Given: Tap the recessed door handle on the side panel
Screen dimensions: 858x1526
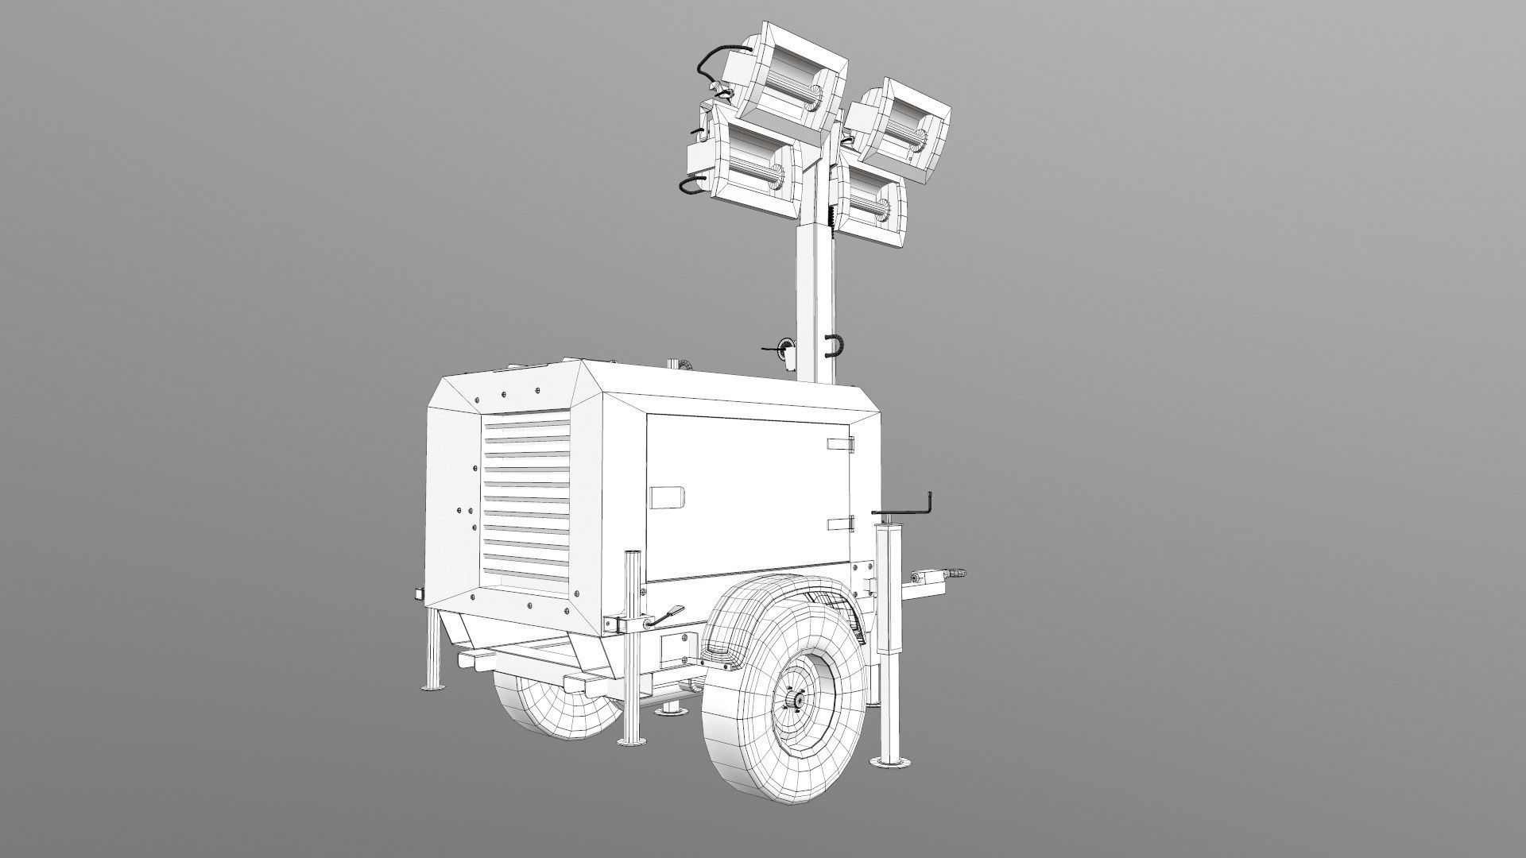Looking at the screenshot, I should [667, 497].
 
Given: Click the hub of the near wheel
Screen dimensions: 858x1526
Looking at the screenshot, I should [793, 699].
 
